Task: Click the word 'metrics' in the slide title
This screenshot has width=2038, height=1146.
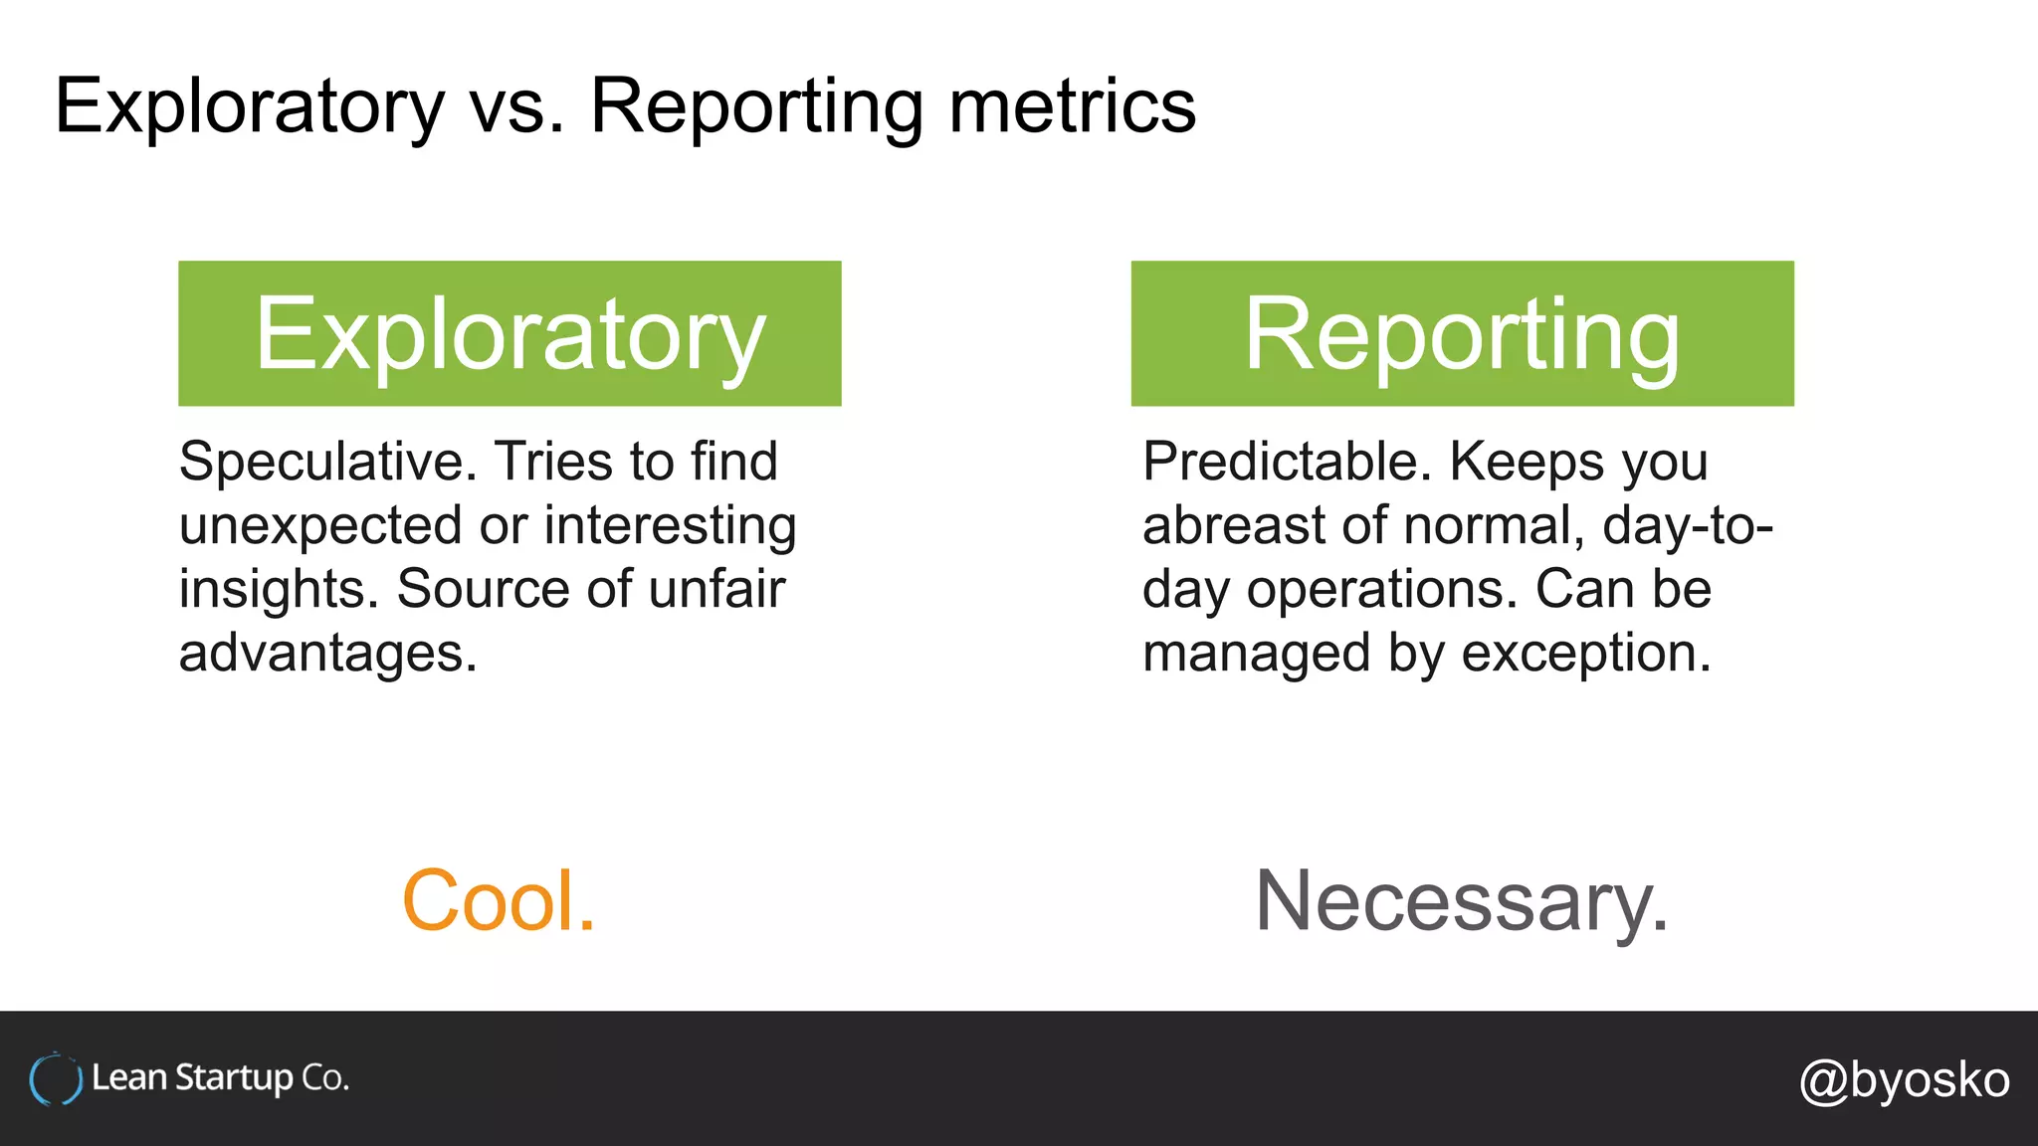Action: pos(1072,106)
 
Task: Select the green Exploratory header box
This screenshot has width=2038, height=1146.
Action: pos(509,333)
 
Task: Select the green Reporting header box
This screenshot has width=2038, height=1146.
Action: pos(1462,333)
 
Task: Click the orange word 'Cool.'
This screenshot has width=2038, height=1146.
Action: pos(499,901)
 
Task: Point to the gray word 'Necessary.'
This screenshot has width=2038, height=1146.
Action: pos(1461,901)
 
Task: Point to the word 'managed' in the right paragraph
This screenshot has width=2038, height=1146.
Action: pos(1256,654)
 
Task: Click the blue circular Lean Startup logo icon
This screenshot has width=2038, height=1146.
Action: pos(55,1079)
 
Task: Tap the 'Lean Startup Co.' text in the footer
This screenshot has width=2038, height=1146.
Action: pos(220,1078)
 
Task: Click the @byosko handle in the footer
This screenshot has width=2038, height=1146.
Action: pos(1904,1080)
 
